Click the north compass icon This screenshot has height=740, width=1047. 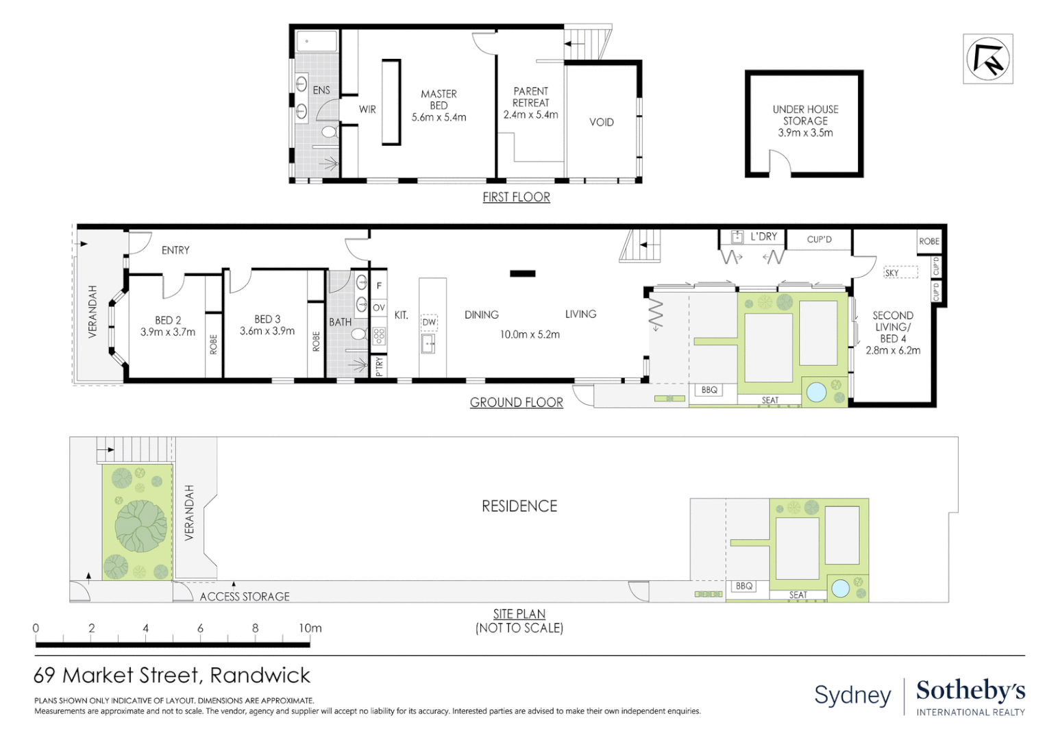click(987, 59)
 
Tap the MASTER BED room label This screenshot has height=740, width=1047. click(439, 100)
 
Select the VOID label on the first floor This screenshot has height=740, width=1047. click(601, 123)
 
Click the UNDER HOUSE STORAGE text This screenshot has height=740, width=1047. click(805, 115)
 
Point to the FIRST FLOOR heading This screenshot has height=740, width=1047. click(516, 197)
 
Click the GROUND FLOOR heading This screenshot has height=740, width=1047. click(516, 403)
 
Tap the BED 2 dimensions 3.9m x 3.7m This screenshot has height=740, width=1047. click(168, 332)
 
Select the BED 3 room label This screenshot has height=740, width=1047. click(267, 319)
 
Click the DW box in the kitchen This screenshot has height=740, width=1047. click(429, 322)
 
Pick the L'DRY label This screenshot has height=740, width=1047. click(763, 237)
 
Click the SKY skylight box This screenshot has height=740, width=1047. click(900, 273)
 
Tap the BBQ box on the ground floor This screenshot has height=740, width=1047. click(709, 390)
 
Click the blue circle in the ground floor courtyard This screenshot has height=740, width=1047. click(816, 392)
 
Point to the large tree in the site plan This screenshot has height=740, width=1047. click(141, 526)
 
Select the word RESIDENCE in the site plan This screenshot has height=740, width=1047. click(519, 506)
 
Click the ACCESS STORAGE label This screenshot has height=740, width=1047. click(245, 597)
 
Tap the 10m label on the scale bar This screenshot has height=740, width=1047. click(310, 628)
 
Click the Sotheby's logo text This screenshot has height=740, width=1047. click(970, 691)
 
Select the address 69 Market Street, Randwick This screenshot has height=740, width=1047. click(172, 676)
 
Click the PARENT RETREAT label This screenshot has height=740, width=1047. click(531, 97)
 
